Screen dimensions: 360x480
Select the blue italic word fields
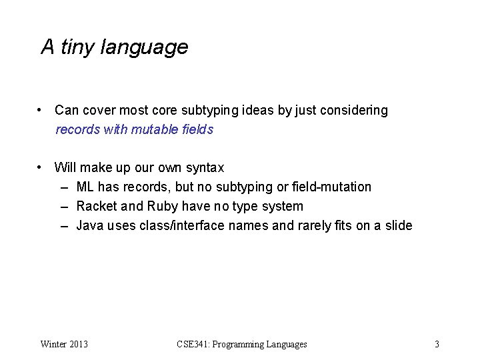(x=198, y=130)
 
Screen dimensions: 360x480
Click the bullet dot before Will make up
(x=41, y=167)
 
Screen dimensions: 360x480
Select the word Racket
(x=96, y=207)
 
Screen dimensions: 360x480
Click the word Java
(x=91, y=226)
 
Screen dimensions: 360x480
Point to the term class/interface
(x=182, y=226)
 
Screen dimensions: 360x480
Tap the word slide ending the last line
(x=398, y=226)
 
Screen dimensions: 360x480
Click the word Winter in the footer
(x=54, y=344)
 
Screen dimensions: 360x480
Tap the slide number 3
(x=437, y=344)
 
